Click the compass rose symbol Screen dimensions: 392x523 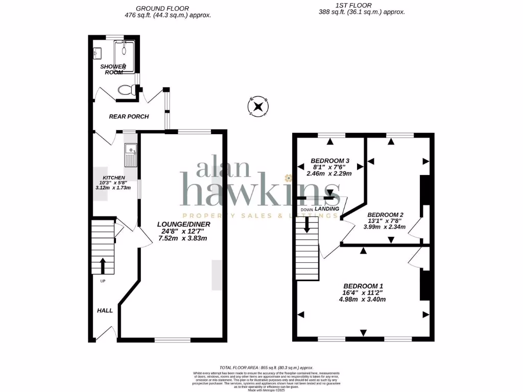click(258, 107)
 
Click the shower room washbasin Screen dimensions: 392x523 click(97, 52)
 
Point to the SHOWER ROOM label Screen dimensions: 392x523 click(112, 69)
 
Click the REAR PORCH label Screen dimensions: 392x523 click(129, 116)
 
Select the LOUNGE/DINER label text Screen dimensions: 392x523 click(183, 224)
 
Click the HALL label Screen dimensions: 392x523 click(105, 310)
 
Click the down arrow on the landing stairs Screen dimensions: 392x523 click(307, 224)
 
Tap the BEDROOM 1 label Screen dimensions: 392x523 click(363, 285)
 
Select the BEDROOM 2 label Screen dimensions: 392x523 click(386, 214)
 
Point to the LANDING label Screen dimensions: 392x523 click(327, 209)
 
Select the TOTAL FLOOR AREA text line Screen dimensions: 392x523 click(266, 367)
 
